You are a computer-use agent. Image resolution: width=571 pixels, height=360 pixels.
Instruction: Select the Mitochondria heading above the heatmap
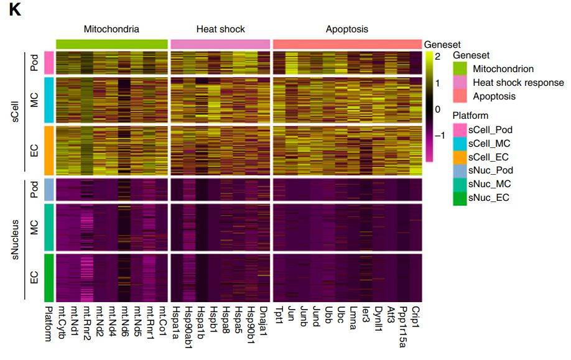(112, 29)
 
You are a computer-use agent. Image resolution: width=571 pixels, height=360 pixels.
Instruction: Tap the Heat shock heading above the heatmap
(220, 29)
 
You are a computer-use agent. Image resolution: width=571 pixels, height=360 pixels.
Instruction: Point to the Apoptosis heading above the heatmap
(346, 29)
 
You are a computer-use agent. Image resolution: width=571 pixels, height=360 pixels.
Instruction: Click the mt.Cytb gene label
(62, 321)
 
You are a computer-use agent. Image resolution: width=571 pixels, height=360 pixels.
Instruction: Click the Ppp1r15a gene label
(402, 323)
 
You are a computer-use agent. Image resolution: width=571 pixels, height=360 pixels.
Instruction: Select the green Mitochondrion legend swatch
(460, 69)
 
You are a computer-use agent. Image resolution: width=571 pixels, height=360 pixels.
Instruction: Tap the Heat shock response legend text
(518, 83)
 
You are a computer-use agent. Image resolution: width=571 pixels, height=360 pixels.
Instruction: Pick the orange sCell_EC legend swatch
(460, 157)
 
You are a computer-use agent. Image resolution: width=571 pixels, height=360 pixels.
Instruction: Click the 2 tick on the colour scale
(438, 56)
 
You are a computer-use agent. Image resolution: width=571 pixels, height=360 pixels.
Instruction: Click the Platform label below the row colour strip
(48, 323)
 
